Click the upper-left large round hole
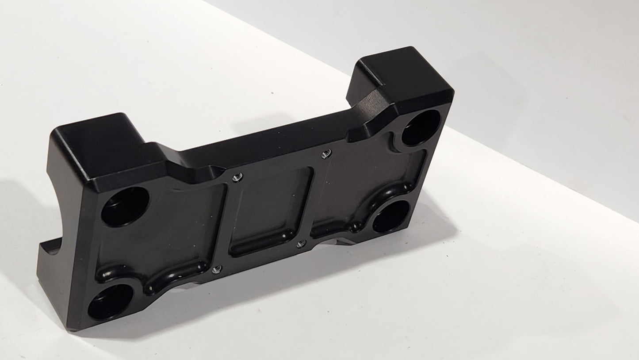click(x=125, y=207)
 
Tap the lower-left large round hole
click(x=111, y=302)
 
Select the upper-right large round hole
click(x=421, y=127)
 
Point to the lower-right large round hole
click(x=391, y=216)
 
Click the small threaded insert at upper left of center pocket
click(x=237, y=177)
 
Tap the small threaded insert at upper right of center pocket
click(x=326, y=153)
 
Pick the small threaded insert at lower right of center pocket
click(x=301, y=244)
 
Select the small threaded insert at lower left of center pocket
click(x=216, y=269)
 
